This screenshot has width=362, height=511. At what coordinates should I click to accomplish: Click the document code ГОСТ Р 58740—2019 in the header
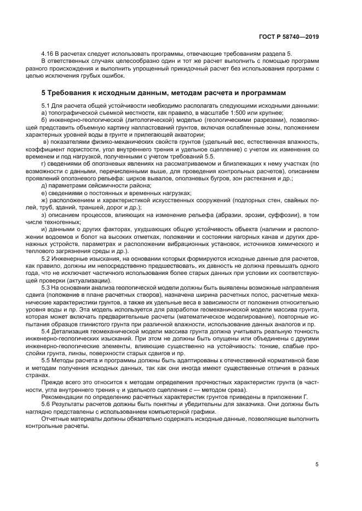289,37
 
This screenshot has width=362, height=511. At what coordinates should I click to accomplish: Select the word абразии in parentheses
230,215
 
